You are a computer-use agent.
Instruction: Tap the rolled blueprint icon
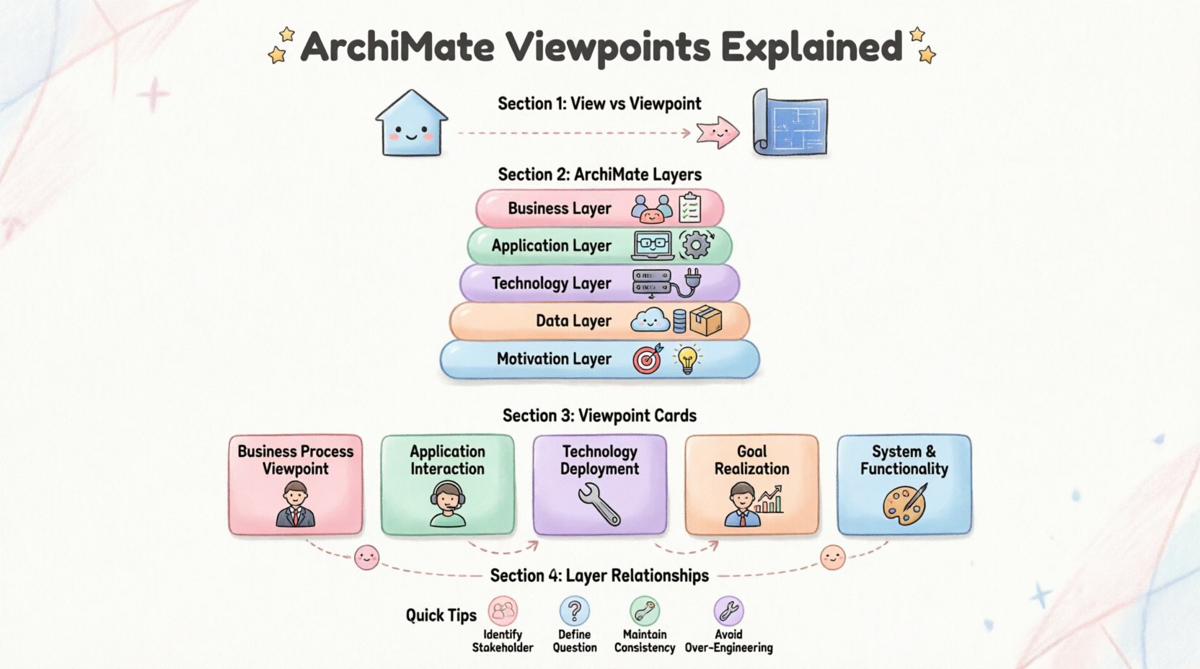pyautogui.click(x=790, y=123)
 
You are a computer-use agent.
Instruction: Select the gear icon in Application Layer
pyautogui.click(x=696, y=245)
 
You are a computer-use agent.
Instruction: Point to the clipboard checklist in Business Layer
pyautogui.click(x=690, y=208)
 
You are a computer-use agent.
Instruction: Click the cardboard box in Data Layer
pyautogui.click(x=705, y=320)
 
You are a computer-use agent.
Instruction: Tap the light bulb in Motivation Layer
pyautogui.click(x=687, y=359)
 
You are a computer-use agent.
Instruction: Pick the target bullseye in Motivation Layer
pyautogui.click(x=647, y=359)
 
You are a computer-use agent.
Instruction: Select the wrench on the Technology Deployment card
pyautogui.click(x=599, y=504)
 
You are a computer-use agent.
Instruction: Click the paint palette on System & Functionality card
pyautogui.click(x=904, y=504)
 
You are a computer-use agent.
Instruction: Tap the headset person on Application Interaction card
pyautogui.click(x=447, y=504)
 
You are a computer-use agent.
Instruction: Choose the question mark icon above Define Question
pyautogui.click(x=574, y=611)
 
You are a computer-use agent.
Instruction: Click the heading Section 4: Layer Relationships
pyautogui.click(x=599, y=575)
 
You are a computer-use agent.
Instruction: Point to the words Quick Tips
pyautogui.click(x=441, y=615)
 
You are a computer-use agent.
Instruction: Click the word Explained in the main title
pyautogui.click(x=811, y=47)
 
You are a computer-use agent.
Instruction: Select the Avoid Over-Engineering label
pyautogui.click(x=728, y=641)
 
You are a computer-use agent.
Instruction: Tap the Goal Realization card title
pyautogui.click(x=751, y=460)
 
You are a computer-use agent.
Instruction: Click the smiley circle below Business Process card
pyautogui.click(x=366, y=557)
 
